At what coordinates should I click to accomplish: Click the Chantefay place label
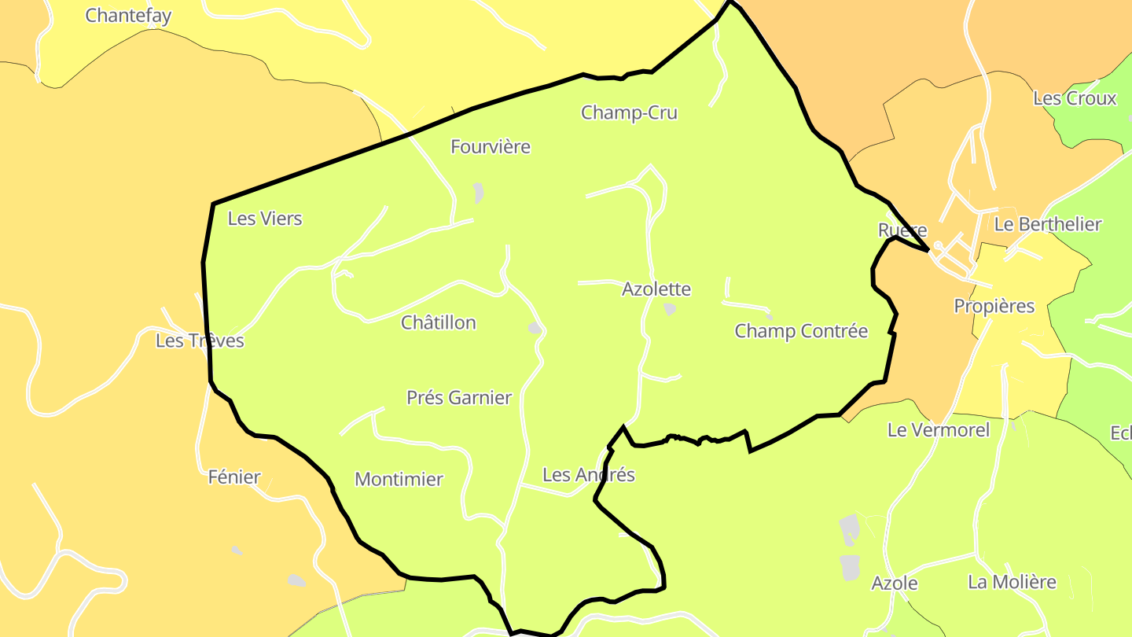click(128, 16)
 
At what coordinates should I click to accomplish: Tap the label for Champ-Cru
click(629, 112)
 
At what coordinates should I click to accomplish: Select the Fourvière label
click(491, 147)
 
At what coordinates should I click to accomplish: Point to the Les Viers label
click(265, 219)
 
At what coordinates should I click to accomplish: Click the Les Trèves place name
click(200, 341)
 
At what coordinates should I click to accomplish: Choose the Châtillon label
click(439, 322)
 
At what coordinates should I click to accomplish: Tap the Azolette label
click(656, 289)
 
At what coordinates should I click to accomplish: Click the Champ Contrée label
click(801, 331)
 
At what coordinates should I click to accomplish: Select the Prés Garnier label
click(459, 398)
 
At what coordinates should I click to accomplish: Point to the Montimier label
click(399, 479)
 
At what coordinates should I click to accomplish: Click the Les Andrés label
click(589, 475)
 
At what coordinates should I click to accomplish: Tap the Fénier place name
click(234, 477)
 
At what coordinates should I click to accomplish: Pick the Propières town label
click(994, 306)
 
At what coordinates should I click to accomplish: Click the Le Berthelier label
click(1048, 224)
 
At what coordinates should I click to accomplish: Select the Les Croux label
click(1075, 98)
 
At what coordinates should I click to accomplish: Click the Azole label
click(895, 584)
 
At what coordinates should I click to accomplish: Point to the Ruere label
click(902, 230)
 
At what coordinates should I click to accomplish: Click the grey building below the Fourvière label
click(478, 193)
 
